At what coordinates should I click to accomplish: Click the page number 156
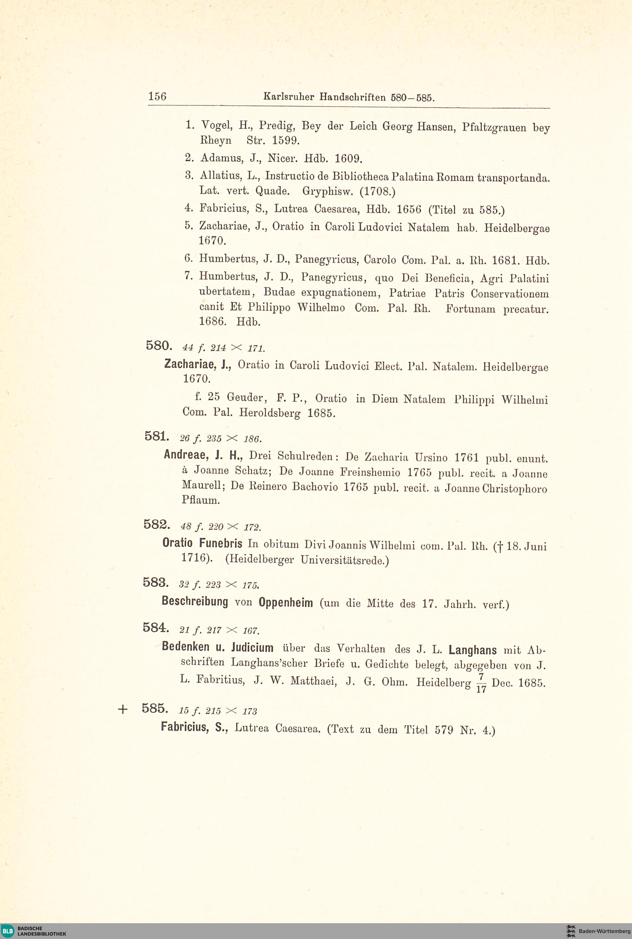click(157, 96)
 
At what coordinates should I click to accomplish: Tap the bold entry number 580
click(159, 345)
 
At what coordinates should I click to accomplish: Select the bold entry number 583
click(155, 582)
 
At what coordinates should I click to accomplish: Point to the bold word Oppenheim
click(285, 603)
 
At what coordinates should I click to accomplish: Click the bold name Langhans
click(472, 650)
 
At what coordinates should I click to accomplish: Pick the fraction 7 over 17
click(481, 683)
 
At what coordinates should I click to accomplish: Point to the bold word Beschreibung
click(195, 602)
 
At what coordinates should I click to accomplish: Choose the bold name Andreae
click(186, 455)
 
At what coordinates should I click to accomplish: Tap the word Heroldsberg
click(270, 413)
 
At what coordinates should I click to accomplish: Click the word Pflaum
click(201, 500)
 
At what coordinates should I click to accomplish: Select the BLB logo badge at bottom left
click(8, 931)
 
